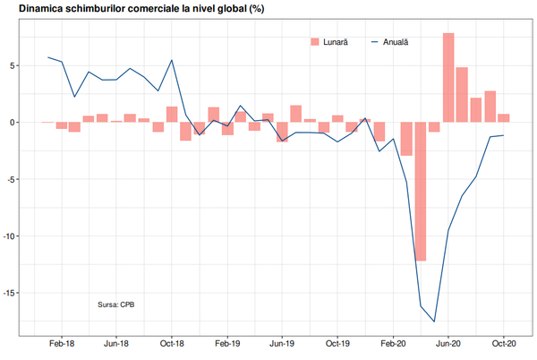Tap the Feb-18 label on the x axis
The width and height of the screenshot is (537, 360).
pos(62,343)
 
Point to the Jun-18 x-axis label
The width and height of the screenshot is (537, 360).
pos(116,343)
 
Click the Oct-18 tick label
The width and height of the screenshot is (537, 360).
pos(172,343)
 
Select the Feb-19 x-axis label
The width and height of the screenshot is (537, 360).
pos(227,343)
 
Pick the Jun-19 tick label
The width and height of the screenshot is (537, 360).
pos(283,343)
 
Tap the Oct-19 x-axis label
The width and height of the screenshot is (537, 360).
pos(337,343)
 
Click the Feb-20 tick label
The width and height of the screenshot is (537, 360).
pos(394,343)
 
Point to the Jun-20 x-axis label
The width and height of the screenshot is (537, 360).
pos(448,343)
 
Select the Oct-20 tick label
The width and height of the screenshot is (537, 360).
pos(503,343)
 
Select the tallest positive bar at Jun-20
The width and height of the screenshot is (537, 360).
pos(448,77)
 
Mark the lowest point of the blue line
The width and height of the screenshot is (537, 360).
pos(434,321)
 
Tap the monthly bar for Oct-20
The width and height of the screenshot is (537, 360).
pos(504,118)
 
